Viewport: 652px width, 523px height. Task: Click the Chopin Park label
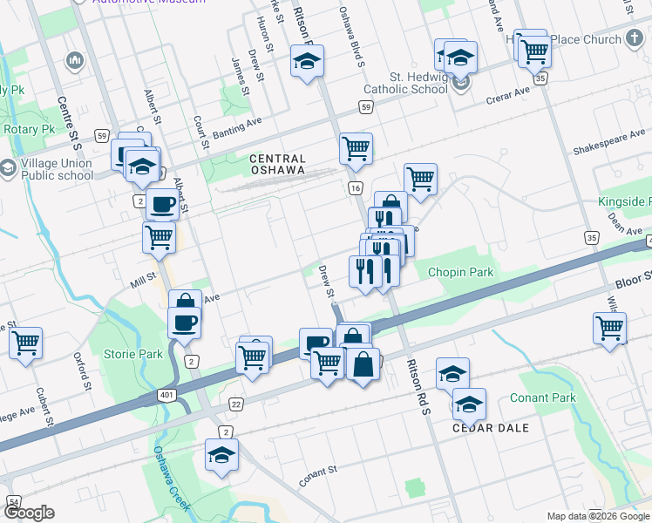pyautogui.click(x=460, y=272)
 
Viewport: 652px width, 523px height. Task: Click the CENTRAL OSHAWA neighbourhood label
pyautogui.click(x=277, y=165)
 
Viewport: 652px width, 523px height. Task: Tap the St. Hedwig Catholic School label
pyautogui.click(x=418, y=83)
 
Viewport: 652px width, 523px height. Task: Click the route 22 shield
pyautogui.click(x=236, y=404)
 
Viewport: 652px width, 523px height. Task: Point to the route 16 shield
pyautogui.click(x=355, y=188)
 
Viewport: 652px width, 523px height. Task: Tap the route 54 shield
pyautogui.click(x=14, y=502)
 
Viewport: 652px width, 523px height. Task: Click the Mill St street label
pyautogui.click(x=142, y=280)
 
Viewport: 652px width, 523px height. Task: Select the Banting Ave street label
pyautogui.click(x=237, y=130)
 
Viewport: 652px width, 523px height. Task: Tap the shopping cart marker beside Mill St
pyautogui.click(x=159, y=236)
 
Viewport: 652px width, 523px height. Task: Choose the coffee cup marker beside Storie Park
pyautogui.click(x=184, y=323)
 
